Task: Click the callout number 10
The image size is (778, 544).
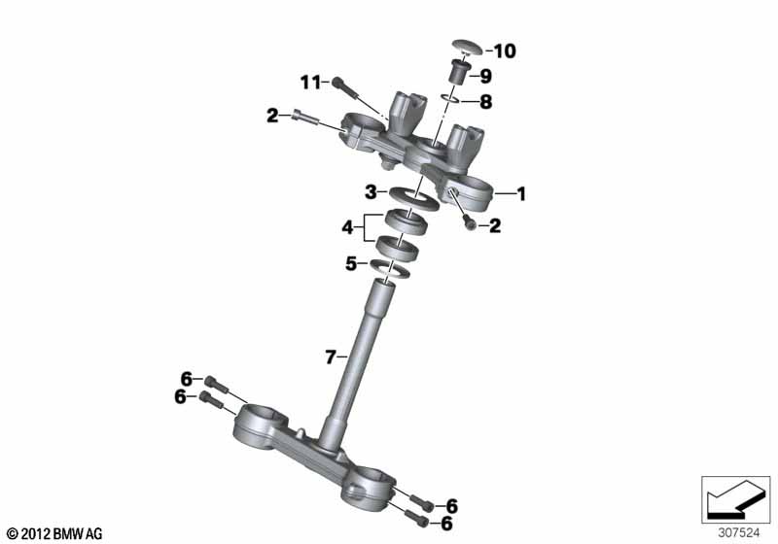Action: tap(505, 51)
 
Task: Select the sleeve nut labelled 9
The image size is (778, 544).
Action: tap(457, 71)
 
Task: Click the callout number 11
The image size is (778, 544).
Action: tap(311, 83)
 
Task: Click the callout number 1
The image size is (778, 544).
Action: tap(521, 193)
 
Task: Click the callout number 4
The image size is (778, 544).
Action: tap(347, 228)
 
